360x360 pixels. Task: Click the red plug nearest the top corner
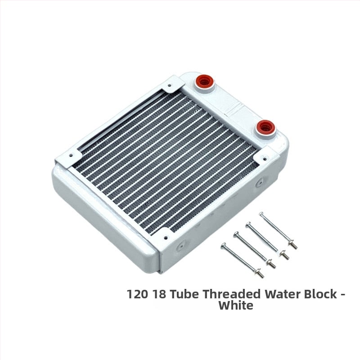coord(204,81)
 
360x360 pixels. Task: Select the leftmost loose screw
coord(242,261)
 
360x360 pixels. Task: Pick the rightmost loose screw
coord(278,230)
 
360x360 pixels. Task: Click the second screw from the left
coord(255,250)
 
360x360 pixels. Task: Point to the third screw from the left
coord(267,241)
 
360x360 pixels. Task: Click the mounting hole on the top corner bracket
coord(170,85)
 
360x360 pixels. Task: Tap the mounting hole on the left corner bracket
coord(71,155)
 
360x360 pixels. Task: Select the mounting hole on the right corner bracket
coord(265,159)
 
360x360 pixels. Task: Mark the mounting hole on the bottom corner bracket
coord(166,238)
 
